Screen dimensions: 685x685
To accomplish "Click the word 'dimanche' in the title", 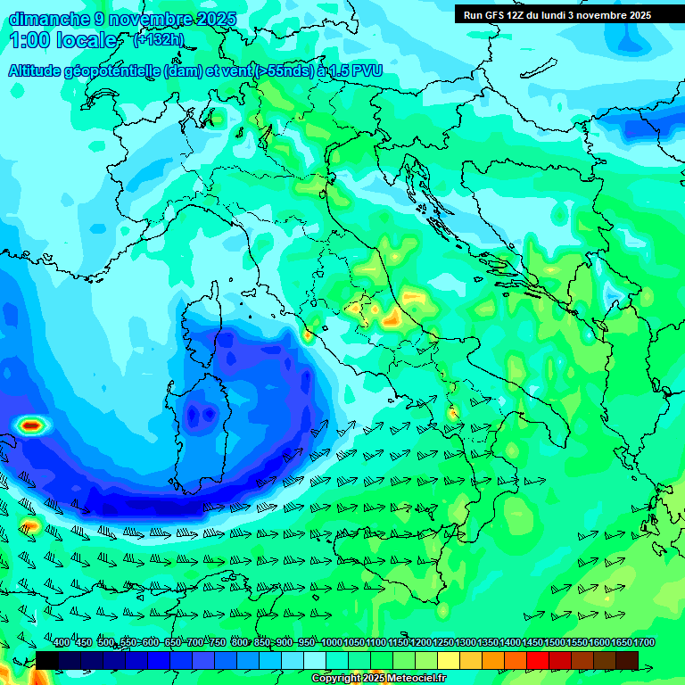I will coord(48,19).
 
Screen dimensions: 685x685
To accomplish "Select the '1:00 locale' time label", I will coord(63,41).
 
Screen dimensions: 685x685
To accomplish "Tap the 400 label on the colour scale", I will coord(61,643).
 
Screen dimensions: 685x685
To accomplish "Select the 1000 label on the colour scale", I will coord(331,643).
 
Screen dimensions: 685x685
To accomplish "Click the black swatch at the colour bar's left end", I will coord(47,660).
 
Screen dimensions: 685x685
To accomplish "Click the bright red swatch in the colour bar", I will coord(537,660).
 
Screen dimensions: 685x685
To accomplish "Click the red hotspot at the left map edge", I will coord(31,425).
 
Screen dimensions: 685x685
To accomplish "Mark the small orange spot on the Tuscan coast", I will coord(308,336).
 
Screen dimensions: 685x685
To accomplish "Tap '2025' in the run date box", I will coord(635,15).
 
